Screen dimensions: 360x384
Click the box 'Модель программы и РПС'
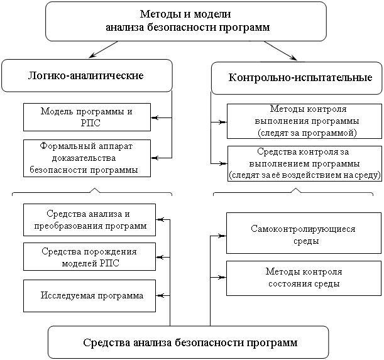pyautogui.click(x=87, y=117)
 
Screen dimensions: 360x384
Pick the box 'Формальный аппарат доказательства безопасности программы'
pyautogui.click(x=87, y=157)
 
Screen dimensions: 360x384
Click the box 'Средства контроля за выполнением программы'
pyautogui.click(x=304, y=163)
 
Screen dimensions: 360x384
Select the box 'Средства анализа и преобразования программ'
pyautogui.click(x=89, y=220)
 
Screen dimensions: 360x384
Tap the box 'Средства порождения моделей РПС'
pyautogui.click(x=89, y=256)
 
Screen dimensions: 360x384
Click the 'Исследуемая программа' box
pyautogui.click(x=89, y=295)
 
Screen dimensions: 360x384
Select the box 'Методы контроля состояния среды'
pyautogui.click(x=303, y=278)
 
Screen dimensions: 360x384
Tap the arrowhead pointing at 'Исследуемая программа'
pyautogui.click(x=159, y=295)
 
